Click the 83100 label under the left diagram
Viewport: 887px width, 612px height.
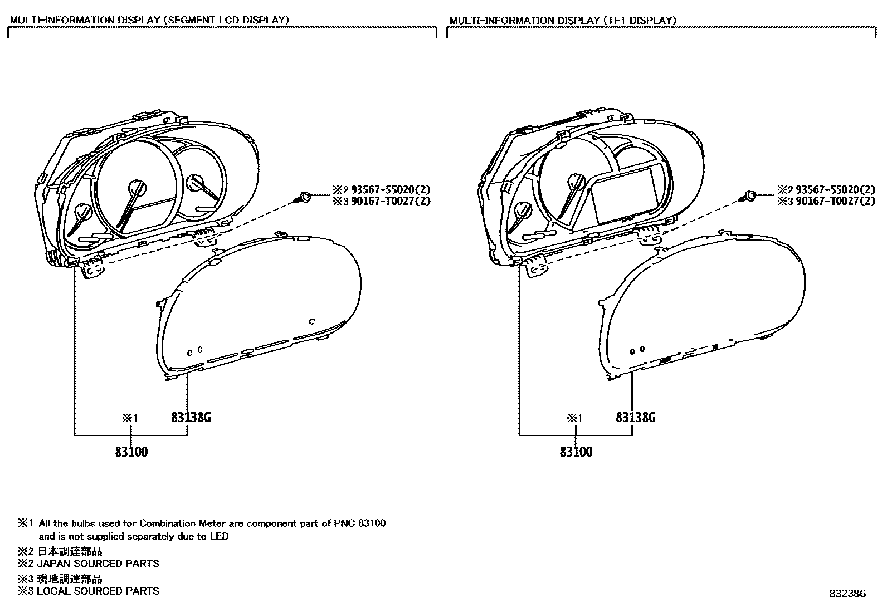point(131,452)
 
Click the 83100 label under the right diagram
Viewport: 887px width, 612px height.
point(576,452)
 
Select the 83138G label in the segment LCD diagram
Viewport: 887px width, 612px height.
point(191,418)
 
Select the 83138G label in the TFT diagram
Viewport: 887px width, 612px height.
point(635,418)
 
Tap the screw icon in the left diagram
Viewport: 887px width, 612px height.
point(304,196)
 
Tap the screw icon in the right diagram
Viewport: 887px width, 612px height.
point(749,195)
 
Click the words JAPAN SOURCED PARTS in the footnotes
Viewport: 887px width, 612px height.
point(98,564)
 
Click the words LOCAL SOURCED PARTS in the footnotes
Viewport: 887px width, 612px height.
point(98,591)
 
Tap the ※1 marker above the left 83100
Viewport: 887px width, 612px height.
point(129,418)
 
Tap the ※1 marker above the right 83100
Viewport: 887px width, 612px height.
point(574,418)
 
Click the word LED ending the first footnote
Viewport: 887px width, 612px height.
point(220,537)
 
